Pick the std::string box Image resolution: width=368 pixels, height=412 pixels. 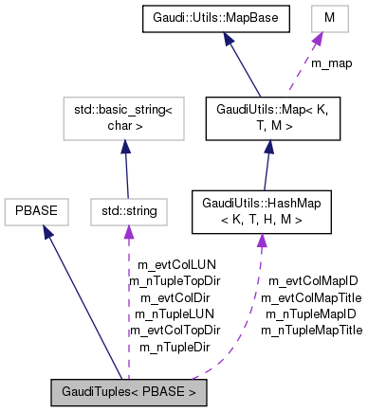(122, 207)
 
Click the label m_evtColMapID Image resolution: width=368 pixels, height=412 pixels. (312, 281)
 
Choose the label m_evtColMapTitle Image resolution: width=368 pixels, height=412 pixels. (312, 297)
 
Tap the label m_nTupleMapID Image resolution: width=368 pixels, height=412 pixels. (312, 313)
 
